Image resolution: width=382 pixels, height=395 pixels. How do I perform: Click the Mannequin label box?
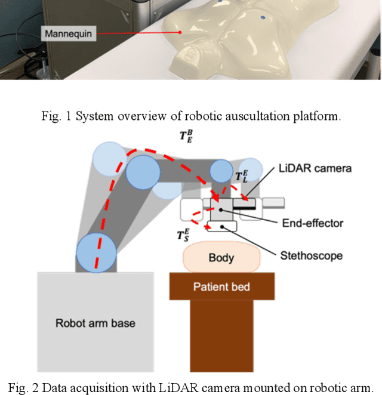click(68, 34)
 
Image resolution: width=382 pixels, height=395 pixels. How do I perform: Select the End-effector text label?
click(312, 223)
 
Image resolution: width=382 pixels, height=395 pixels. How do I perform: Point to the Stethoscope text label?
click(312, 255)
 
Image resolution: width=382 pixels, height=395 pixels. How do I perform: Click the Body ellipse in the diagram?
click(221, 257)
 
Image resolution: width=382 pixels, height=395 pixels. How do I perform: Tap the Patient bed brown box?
click(221, 286)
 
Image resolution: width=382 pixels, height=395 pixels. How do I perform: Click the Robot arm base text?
click(95, 323)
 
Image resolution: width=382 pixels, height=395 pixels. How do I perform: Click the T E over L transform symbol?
click(242, 177)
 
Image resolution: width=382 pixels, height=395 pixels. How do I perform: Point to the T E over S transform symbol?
click(184, 235)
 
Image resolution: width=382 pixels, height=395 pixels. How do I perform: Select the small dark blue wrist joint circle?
click(221, 172)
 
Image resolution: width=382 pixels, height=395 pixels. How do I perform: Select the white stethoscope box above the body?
click(221, 227)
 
